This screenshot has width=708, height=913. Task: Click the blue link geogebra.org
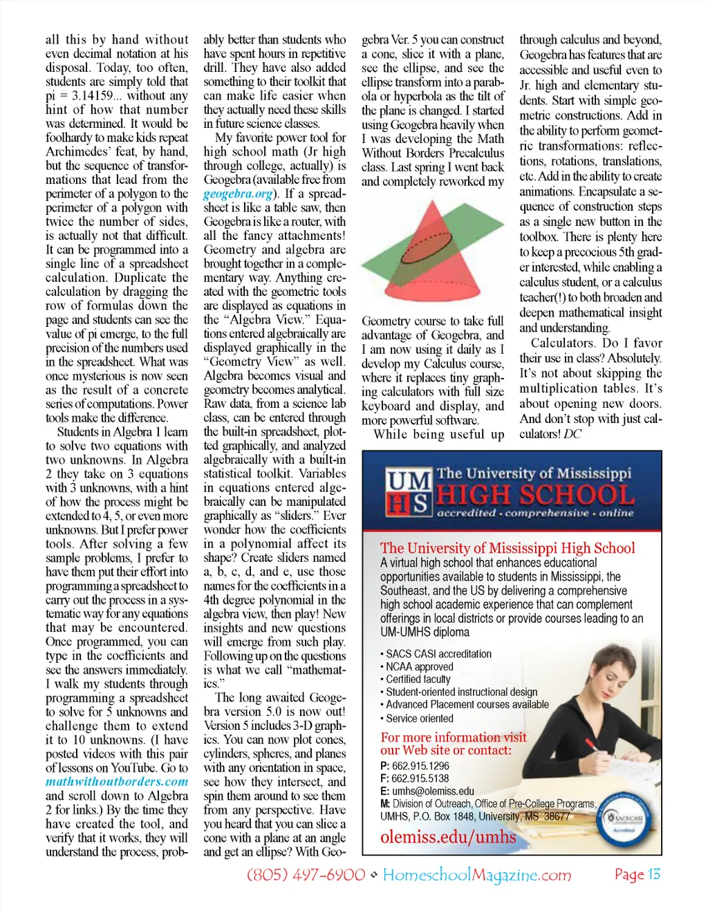[238, 194]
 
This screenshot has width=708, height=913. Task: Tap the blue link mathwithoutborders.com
[117, 782]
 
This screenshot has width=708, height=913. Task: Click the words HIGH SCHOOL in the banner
[535, 495]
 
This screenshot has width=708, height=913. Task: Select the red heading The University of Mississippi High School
[507, 548]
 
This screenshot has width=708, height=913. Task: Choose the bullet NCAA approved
[419, 667]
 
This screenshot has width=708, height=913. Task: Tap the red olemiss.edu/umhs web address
[448, 837]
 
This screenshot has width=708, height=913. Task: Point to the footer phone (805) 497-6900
[306, 875]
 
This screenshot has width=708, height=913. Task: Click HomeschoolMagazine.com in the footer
[477, 876]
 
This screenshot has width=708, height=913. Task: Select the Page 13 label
[637, 874]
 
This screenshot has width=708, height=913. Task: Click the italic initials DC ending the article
[572, 434]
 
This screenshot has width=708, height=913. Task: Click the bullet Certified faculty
[418, 679]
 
